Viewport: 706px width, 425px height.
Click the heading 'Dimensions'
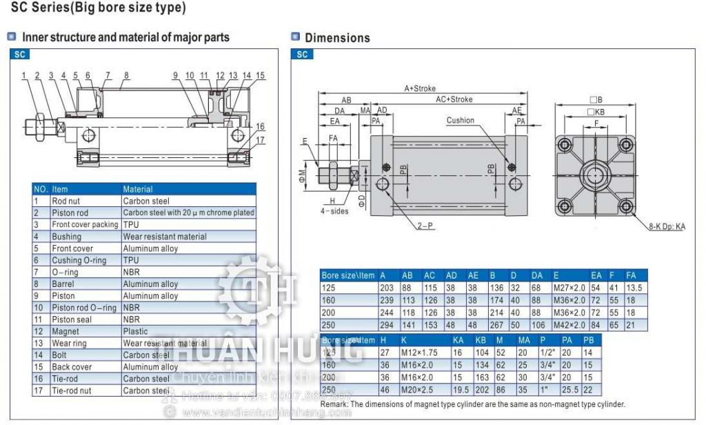(337, 38)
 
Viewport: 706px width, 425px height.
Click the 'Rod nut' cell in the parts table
(66, 201)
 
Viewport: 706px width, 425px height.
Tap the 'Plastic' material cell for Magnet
(135, 331)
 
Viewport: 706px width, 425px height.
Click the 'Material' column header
(138, 189)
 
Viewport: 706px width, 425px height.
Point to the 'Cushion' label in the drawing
(460, 120)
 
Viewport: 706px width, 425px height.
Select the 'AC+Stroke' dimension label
(454, 99)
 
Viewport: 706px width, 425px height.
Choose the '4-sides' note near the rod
(335, 211)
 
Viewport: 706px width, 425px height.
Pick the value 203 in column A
(387, 288)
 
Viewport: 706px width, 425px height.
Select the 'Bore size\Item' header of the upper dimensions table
(348, 275)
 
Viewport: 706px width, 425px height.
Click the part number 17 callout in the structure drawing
(260, 140)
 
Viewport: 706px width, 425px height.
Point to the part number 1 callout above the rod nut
(23, 75)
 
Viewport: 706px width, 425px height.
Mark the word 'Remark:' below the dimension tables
(334, 404)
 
